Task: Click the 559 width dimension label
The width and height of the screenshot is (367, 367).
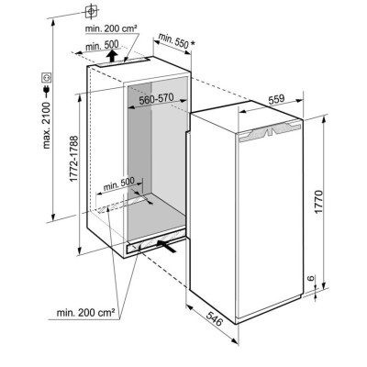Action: click(276, 99)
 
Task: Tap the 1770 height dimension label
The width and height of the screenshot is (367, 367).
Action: click(318, 202)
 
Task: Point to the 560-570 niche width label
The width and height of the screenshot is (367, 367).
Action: click(156, 99)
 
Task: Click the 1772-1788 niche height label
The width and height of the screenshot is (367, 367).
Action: click(74, 159)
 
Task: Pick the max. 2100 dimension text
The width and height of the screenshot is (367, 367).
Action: click(47, 126)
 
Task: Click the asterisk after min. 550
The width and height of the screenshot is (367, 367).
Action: click(192, 44)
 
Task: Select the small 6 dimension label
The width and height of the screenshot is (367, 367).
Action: click(311, 278)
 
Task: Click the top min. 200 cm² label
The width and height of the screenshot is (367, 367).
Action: click(111, 28)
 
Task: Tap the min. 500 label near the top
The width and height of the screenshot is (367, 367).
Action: click(102, 46)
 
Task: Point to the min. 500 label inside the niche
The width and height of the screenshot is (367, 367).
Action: click(119, 183)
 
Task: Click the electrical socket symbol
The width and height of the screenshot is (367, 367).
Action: click(47, 77)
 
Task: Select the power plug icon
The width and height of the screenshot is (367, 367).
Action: click(47, 91)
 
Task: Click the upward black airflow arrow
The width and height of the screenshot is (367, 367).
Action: click(113, 56)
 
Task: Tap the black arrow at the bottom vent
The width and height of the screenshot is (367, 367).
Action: click(167, 246)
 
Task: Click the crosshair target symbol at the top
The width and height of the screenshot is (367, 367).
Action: click(91, 12)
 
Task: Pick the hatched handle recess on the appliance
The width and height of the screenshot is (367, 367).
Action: click(269, 132)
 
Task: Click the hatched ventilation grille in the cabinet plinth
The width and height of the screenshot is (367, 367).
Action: click(157, 241)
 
